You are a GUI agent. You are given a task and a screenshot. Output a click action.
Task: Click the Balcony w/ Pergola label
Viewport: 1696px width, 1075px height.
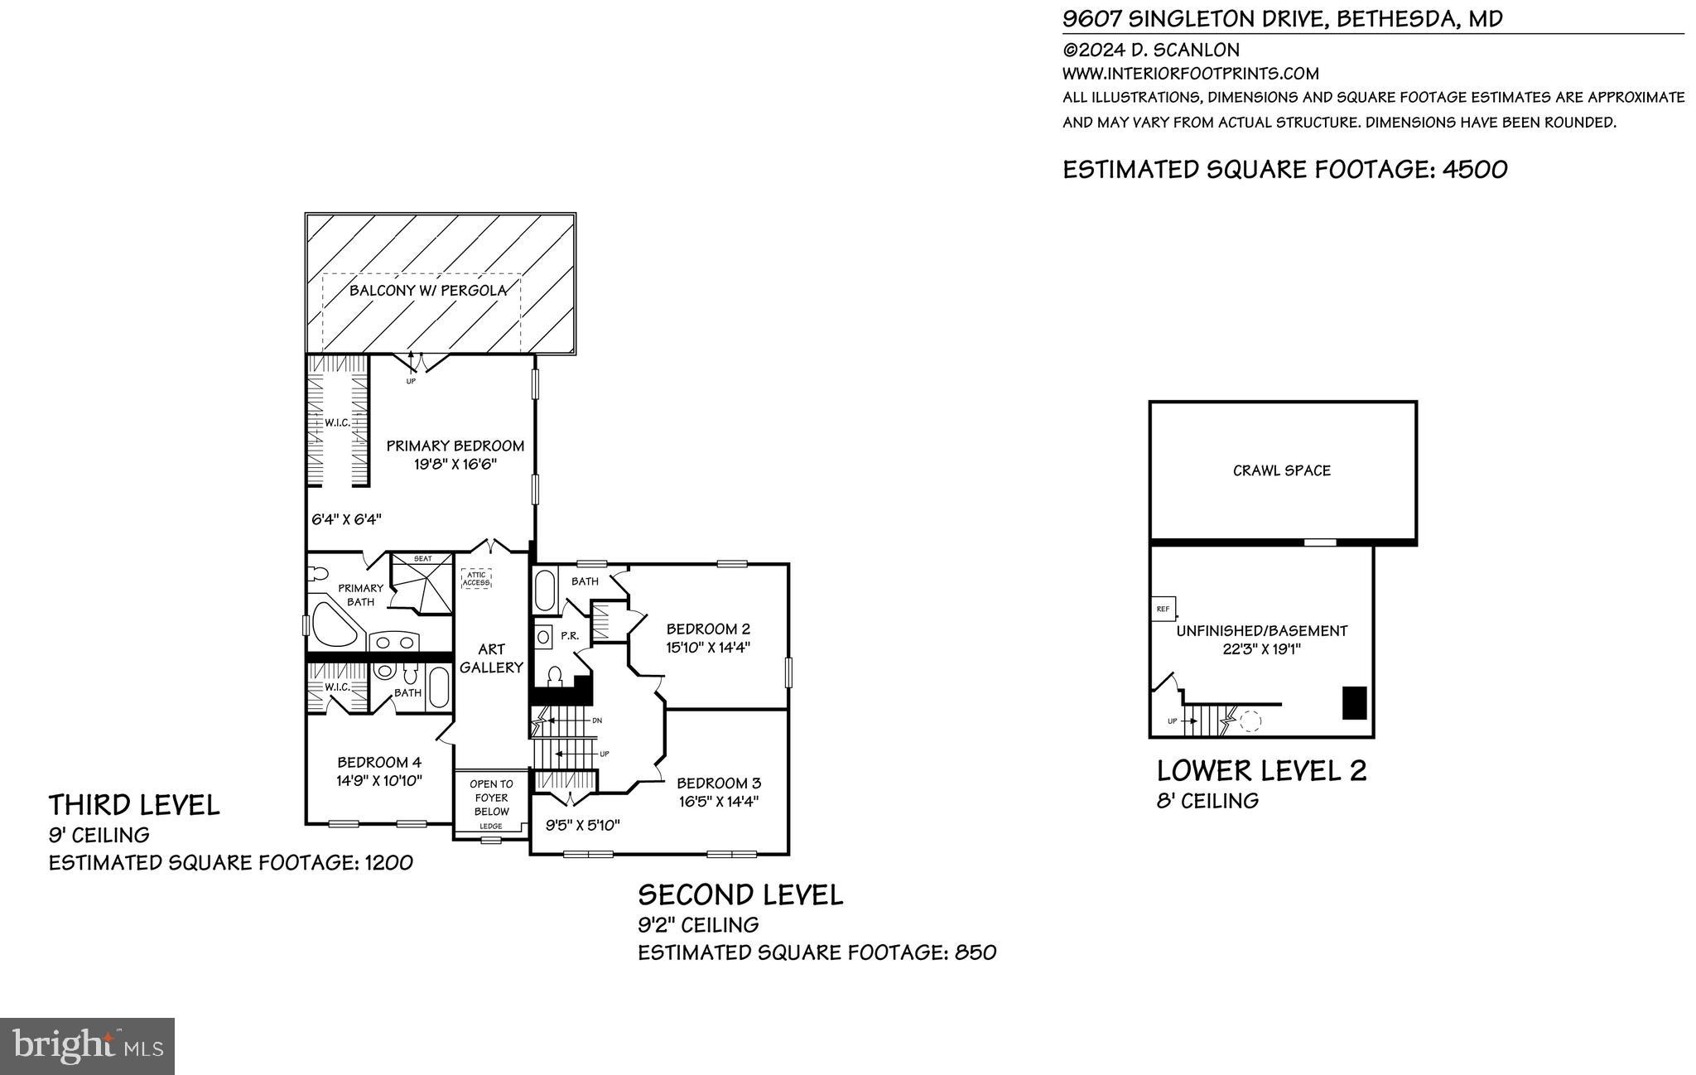pos(427,291)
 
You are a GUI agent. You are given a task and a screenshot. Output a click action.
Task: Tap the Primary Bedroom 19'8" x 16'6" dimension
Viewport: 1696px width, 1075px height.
pos(455,465)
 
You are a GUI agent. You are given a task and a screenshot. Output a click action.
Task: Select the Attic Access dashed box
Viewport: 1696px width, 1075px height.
pos(476,579)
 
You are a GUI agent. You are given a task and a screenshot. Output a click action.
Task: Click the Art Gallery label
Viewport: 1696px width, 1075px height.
pos(491,658)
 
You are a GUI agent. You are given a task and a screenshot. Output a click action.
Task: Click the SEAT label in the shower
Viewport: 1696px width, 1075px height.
pos(422,559)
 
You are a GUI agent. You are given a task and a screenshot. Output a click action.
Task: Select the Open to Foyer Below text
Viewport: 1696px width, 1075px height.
pos(491,798)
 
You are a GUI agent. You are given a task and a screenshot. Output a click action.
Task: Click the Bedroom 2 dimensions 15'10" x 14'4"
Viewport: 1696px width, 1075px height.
pos(708,648)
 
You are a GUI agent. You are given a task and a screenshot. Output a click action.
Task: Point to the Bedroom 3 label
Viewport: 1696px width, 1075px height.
pos(719,783)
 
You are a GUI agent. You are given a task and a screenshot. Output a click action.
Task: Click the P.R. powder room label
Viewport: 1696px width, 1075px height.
pos(569,636)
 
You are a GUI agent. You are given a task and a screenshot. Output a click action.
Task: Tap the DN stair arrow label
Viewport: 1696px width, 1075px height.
pos(597,721)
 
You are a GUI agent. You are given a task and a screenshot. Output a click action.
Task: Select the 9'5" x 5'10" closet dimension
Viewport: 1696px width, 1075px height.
pos(583,825)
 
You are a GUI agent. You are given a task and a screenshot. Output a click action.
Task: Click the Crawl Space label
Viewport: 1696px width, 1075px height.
pos(1281,470)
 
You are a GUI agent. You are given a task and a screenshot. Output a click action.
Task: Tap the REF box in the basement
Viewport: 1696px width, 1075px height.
pos(1163,609)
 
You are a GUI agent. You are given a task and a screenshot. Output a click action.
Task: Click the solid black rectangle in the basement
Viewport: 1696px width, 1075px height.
pos(1354,703)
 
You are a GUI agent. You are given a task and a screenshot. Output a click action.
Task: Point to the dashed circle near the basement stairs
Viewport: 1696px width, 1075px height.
pos(1250,721)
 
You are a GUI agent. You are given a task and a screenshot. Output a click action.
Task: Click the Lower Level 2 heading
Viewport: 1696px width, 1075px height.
pos(1261,771)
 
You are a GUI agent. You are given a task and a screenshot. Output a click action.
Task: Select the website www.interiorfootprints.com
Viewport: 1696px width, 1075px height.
pos(1190,73)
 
